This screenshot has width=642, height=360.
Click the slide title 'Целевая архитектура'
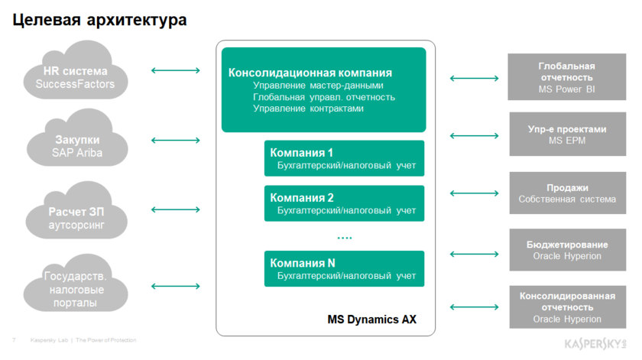pos(100,20)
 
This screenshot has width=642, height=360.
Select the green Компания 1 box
pos(344,158)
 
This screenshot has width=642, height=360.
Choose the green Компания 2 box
pos(344,203)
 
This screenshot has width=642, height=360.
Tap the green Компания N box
pos(344,268)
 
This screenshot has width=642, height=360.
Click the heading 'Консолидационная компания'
pos(310,73)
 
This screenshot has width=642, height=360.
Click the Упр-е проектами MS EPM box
pos(566,135)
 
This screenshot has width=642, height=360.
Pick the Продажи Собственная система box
pos(566,193)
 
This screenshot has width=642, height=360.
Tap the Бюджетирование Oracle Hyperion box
pos(566,250)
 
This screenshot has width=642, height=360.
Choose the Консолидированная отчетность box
pos(566,307)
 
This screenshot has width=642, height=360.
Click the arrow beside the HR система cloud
pos(176,71)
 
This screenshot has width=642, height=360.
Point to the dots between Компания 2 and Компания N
pos(345,238)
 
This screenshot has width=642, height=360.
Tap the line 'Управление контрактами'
pos(309,109)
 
